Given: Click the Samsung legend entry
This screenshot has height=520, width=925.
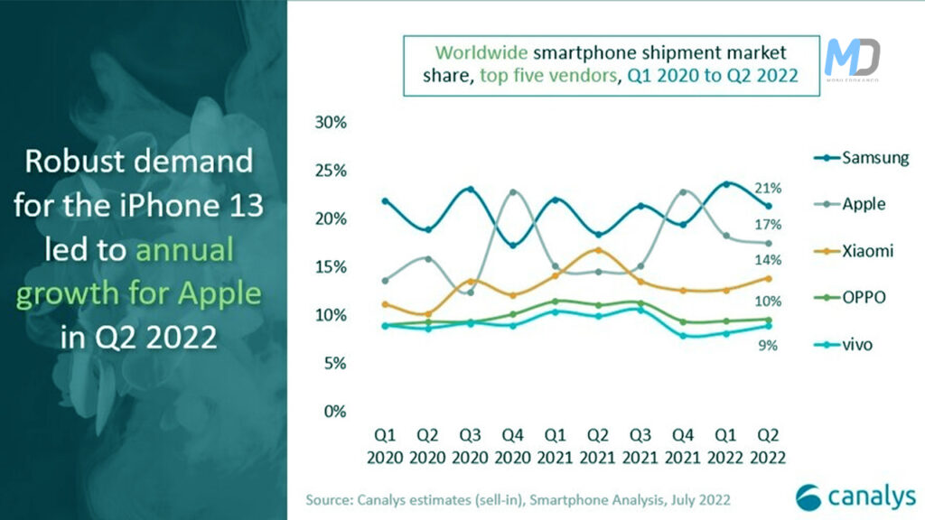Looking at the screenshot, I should pos(865,158).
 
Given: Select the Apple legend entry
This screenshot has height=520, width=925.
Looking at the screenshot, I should pos(857,204).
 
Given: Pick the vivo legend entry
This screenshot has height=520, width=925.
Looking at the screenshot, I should pos(854,345).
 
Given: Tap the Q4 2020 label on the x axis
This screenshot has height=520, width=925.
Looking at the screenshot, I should pos(513,447).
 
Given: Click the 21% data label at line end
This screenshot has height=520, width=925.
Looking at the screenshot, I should pos(769,188).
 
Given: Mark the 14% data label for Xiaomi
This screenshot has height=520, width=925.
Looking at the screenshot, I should pos(769,260).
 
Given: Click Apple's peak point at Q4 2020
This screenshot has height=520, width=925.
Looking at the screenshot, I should pos(513,192).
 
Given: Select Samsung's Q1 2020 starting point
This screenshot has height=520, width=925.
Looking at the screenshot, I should pos(385,201).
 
